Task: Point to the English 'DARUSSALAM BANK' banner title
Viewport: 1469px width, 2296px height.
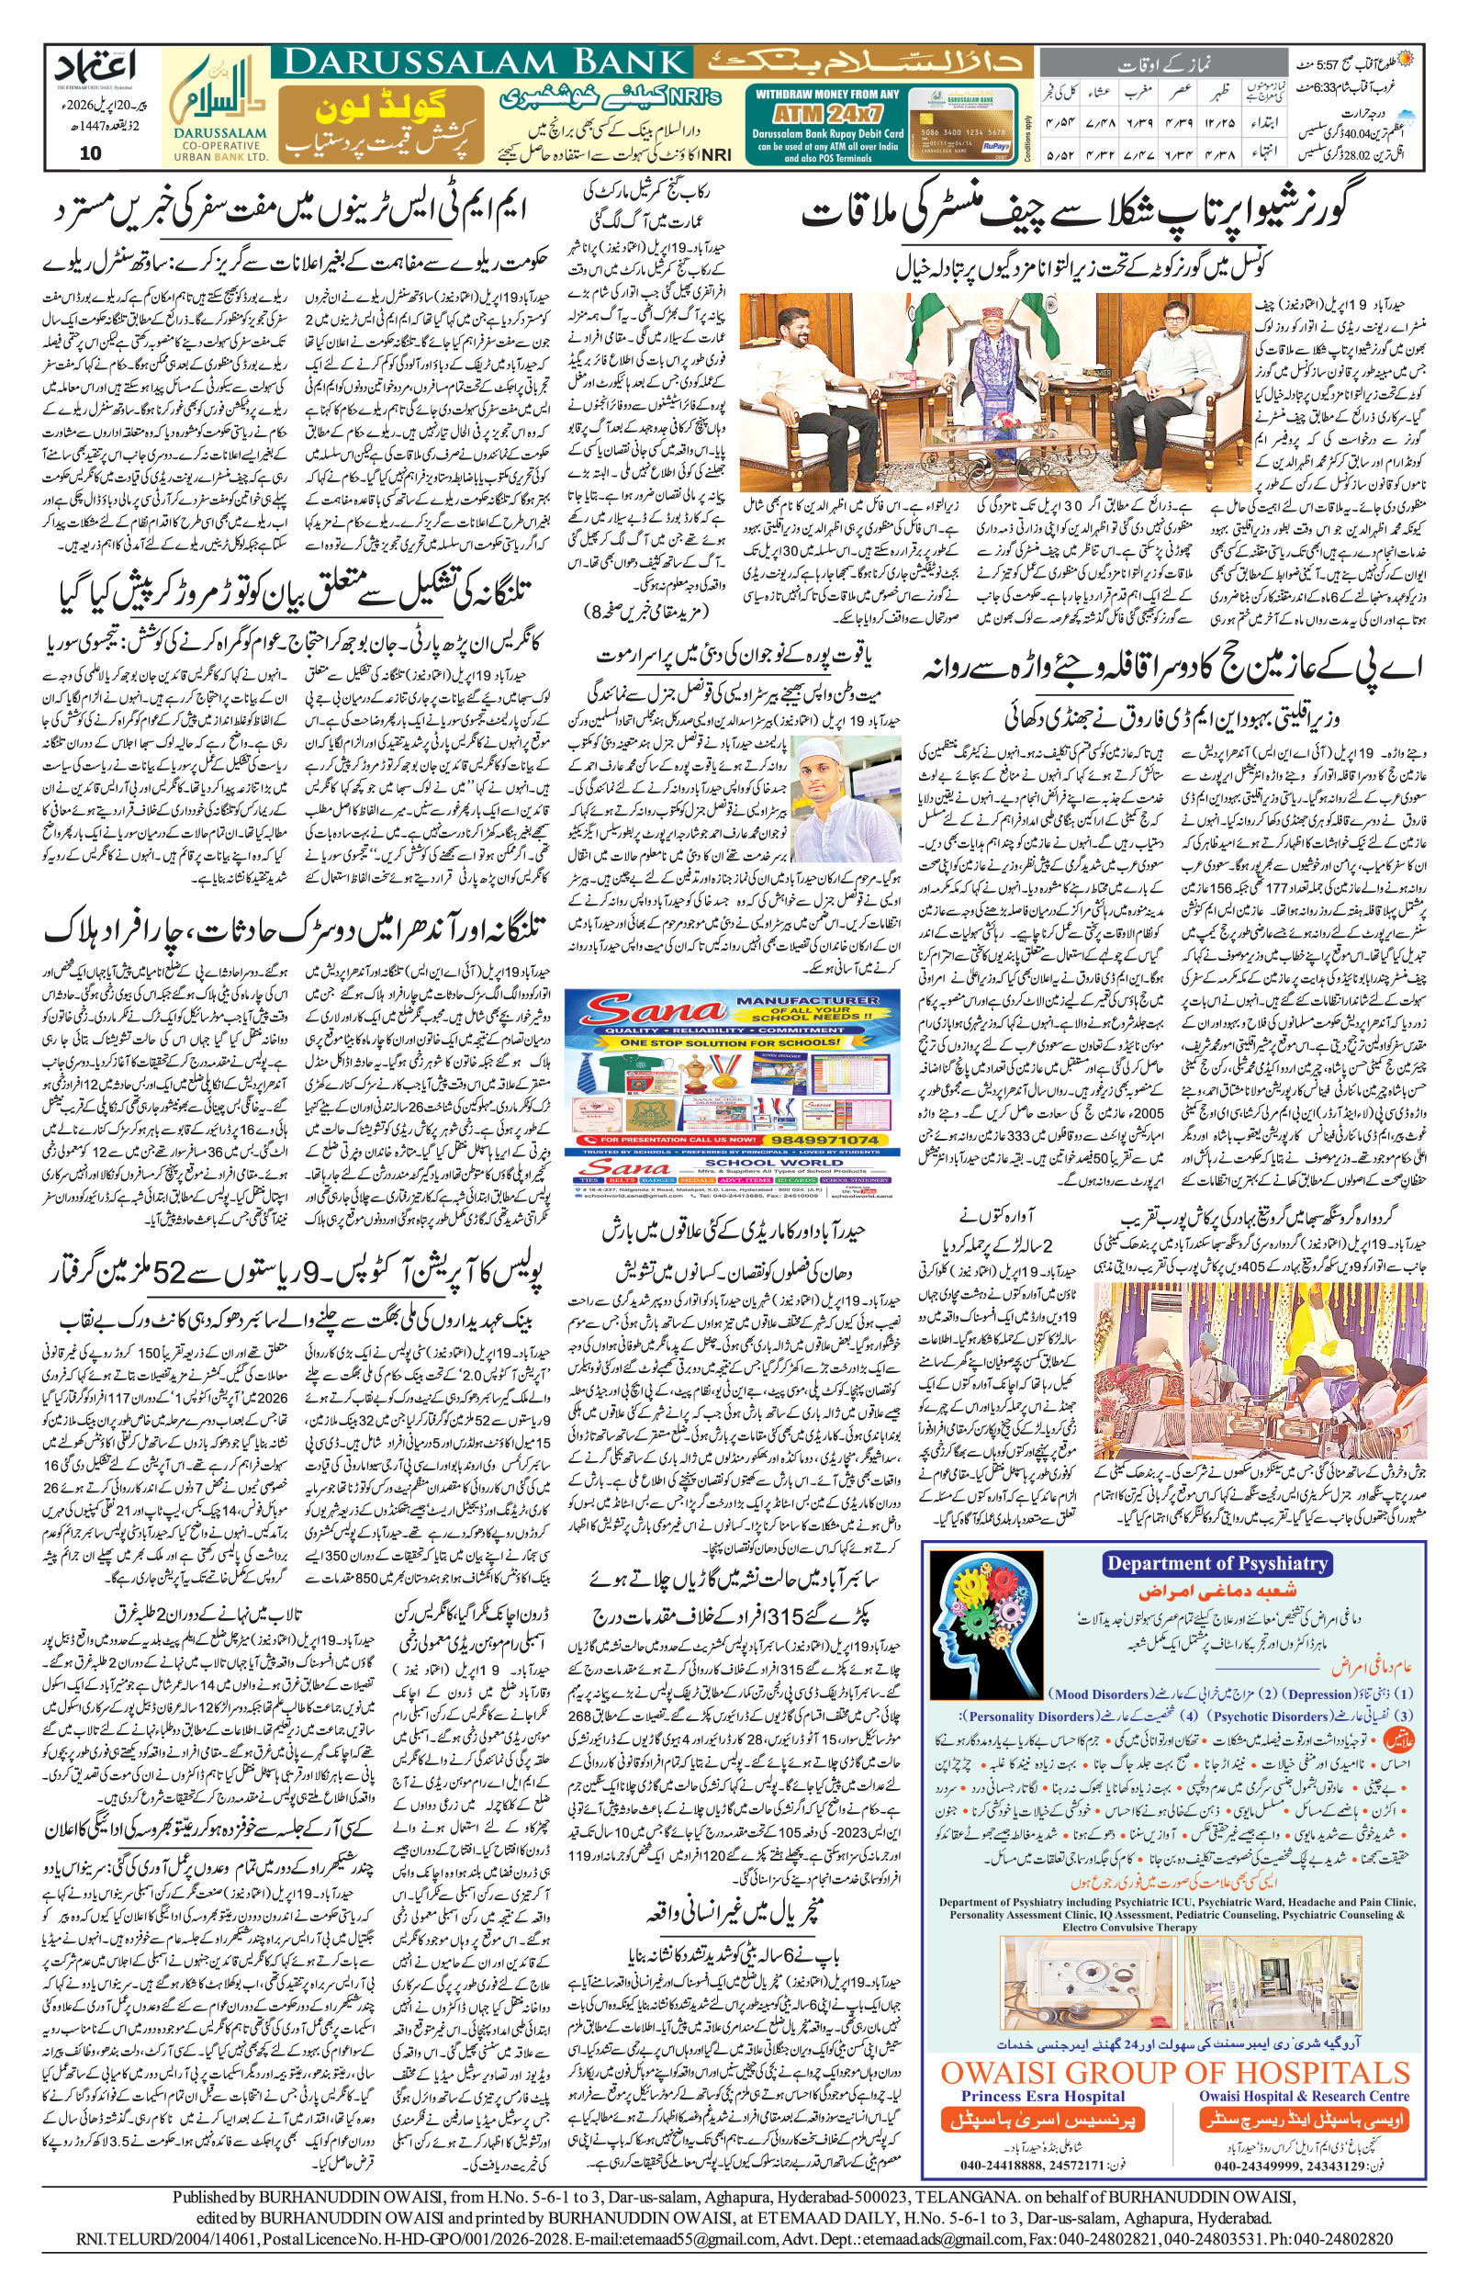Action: click(482, 63)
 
